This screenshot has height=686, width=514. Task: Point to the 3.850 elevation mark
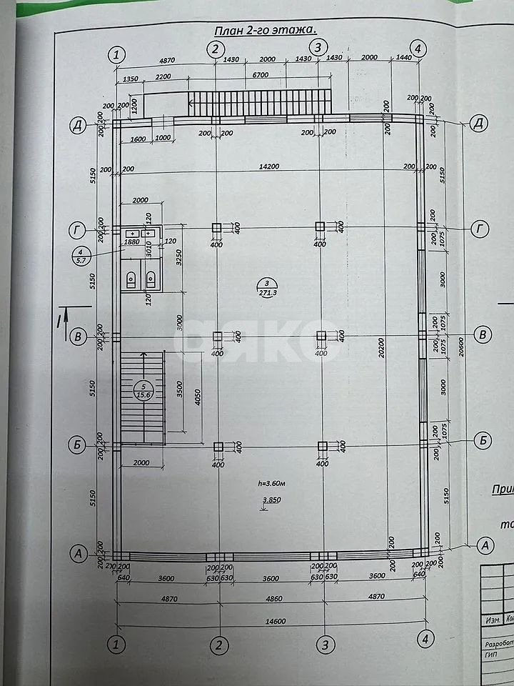(270, 500)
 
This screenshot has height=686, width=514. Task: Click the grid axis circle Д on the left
(76, 125)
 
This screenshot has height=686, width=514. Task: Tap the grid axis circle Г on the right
(480, 229)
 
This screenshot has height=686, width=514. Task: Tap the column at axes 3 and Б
(322, 447)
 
